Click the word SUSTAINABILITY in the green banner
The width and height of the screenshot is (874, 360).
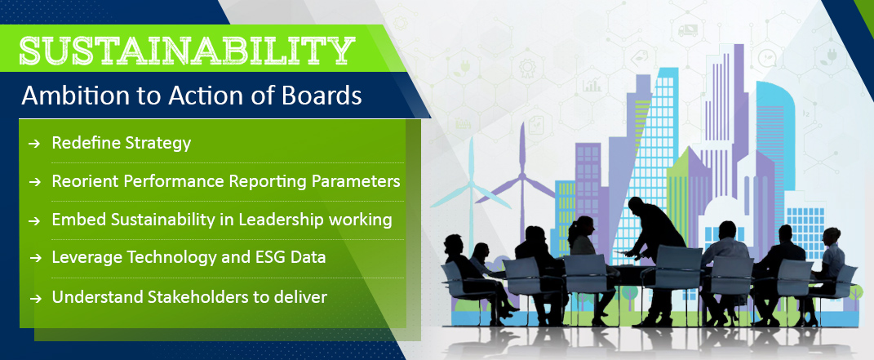(x=188, y=51)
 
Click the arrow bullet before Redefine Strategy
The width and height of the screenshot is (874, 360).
(x=34, y=144)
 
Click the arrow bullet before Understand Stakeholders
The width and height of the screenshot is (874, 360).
(x=34, y=298)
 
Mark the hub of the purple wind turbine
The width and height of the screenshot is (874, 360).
(x=522, y=178)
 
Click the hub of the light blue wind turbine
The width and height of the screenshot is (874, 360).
(x=471, y=184)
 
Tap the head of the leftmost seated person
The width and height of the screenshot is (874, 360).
(x=454, y=243)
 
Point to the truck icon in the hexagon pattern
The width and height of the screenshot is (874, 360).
(x=688, y=30)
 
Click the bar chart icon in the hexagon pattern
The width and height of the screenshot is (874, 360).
(x=592, y=85)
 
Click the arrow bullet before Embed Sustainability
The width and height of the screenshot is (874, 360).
(x=34, y=221)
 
